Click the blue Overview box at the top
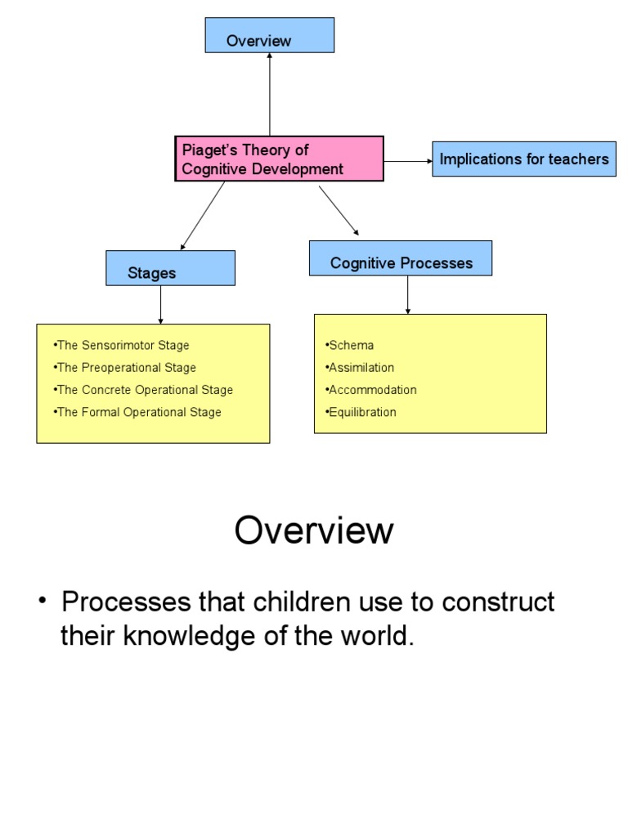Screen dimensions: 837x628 (x=269, y=35)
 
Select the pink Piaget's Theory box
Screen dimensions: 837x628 (x=279, y=159)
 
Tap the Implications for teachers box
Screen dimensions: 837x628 (x=523, y=159)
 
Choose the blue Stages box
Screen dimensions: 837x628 (x=170, y=268)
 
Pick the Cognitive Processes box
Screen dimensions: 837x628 (x=401, y=258)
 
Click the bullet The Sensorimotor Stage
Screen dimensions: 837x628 (x=122, y=346)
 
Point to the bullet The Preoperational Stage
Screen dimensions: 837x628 (x=126, y=368)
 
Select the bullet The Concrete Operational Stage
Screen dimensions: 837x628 (x=144, y=390)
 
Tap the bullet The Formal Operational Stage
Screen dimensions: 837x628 (x=138, y=412)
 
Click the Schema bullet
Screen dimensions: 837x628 (x=351, y=346)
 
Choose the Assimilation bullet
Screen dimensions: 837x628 (x=361, y=368)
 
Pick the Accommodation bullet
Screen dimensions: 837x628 (x=372, y=390)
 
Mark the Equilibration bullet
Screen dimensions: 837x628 (x=362, y=412)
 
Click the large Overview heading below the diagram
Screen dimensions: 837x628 (x=314, y=531)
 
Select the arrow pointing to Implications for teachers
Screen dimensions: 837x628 (x=408, y=162)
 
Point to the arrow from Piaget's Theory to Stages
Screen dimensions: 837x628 (x=203, y=216)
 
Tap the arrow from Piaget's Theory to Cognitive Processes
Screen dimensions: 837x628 (x=339, y=211)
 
